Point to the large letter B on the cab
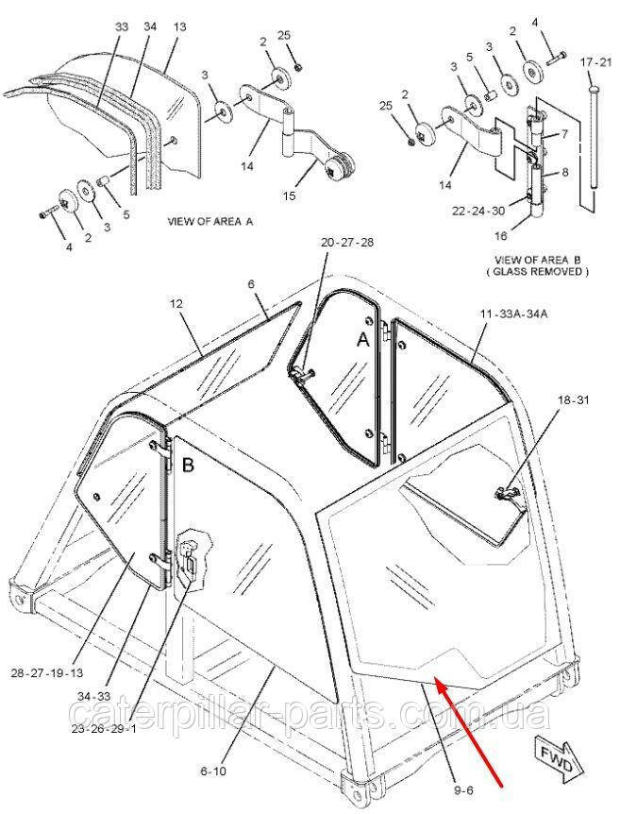click(187, 465)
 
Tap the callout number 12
click(176, 305)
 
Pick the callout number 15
click(290, 195)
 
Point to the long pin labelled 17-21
click(592, 142)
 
